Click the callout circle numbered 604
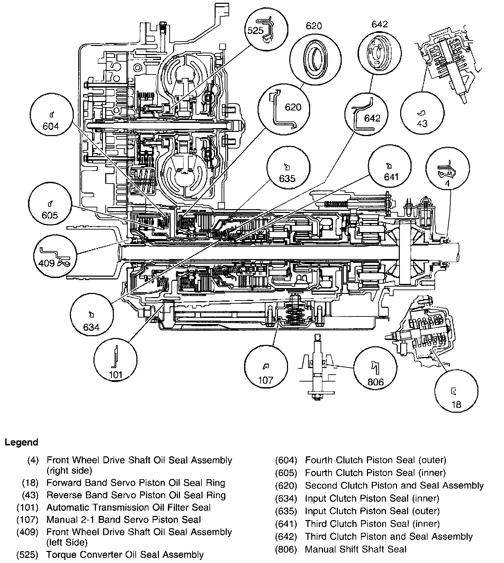pyautogui.click(x=51, y=120)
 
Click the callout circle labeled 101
pyautogui.click(x=115, y=361)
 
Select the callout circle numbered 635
pyautogui.click(x=287, y=171)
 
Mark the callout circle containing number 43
pyautogui.click(x=422, y=116)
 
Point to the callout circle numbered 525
pyautogui.click(x=265, y=31)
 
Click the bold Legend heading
pyautogui.click(x=21, y=442)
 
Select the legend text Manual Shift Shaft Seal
pyautogui.click(x=355, y=549)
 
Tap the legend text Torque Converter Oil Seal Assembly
pyautogui.click(x=125, y=555)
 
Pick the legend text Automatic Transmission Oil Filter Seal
pyautogui.click(x=128, y=507)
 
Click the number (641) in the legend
pyautogui.click(x=286, y=524)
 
